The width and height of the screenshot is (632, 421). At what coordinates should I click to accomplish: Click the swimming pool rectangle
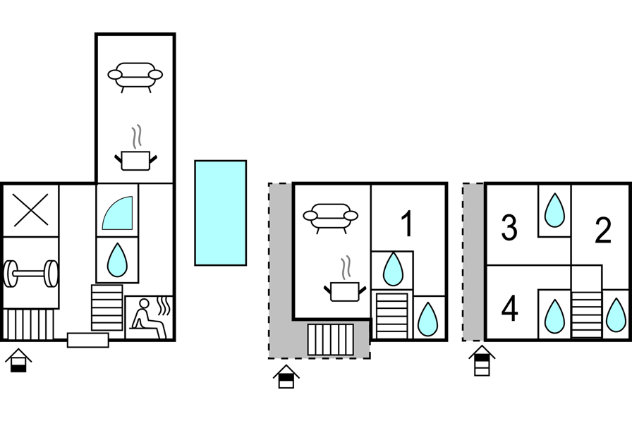[x=220, y=213]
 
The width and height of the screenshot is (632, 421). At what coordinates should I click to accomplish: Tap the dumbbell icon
[x=30, y=273]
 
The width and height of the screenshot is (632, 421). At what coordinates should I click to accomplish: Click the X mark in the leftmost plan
[x=30, y=210]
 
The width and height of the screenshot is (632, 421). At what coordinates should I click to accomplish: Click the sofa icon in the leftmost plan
[x=135, y=75]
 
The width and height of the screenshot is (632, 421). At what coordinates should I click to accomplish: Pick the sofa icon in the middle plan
[x=330, y=217]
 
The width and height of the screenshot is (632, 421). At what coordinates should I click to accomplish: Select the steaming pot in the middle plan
[x=344, y=286]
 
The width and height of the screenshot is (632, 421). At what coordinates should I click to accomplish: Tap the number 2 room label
[x=602, y=231]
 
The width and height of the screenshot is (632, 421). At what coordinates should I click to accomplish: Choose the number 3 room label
[x=509, y=228]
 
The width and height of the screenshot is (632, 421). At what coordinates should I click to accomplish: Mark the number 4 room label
[x=509, y=309]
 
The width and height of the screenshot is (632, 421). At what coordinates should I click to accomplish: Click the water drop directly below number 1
[x=392, y=269]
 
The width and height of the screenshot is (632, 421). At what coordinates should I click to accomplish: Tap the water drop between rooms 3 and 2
[x=555, y=210]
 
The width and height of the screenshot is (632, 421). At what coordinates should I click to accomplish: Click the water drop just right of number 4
[x=555, y=315]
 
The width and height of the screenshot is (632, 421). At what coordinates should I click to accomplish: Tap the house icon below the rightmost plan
[x=482, y=362]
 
